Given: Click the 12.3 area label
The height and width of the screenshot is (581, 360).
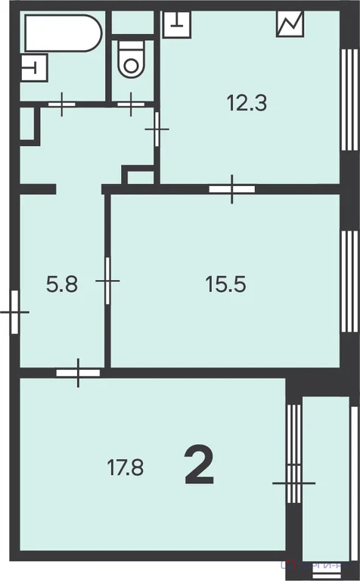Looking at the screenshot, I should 247,101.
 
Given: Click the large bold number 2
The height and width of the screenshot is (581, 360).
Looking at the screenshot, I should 199,467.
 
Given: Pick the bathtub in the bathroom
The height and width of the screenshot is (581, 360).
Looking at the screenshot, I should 63,33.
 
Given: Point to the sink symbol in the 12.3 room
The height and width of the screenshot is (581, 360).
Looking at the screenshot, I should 175,21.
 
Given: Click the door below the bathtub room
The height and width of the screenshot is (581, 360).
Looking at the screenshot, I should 62,103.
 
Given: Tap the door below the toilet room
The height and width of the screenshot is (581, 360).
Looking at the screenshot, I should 130,103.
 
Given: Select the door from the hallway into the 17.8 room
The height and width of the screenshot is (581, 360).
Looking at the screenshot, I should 78,371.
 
